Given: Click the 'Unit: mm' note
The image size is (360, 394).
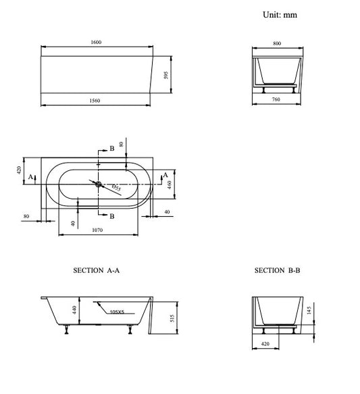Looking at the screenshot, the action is point(280,15).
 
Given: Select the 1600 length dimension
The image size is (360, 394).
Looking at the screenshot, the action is point(96,42).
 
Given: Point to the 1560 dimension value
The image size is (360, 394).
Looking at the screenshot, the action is point(95,101).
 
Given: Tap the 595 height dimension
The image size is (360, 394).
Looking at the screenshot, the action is point(166,75).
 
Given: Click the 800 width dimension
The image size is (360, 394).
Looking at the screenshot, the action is point(277,43).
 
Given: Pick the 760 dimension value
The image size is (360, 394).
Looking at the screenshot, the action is point(276,99).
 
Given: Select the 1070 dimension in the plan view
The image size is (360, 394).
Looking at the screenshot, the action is point(97,230).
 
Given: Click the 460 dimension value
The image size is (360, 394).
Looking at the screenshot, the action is point(170,184).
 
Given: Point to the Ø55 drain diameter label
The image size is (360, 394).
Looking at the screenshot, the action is point(116,187).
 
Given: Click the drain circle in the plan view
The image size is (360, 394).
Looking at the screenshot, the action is point(99,184).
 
